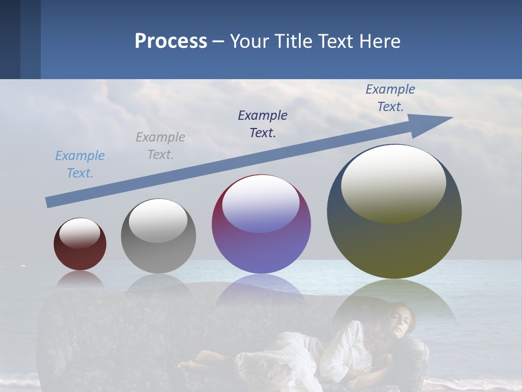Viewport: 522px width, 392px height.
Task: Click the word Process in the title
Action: [171, 41]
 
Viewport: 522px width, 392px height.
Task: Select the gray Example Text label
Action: [160, 146]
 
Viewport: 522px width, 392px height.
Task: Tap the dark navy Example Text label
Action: [263, 124]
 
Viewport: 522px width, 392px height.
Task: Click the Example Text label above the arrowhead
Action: [390, 98]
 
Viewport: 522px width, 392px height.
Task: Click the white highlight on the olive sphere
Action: [394, 183]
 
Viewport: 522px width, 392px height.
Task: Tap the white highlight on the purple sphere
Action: [261, 204]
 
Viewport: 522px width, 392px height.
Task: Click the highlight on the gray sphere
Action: [158, 220]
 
